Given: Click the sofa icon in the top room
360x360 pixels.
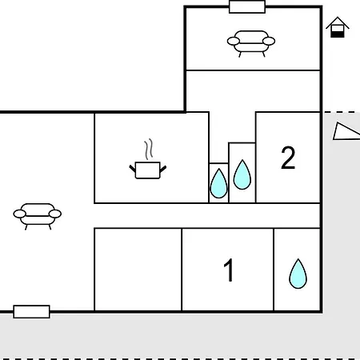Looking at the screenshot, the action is click(x=251, y=42).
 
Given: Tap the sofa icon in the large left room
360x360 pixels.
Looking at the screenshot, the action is click(x=38, y=215).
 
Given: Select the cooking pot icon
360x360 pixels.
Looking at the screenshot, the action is click(x=148, y=170).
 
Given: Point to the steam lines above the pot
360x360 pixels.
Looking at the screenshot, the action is click(x=149, y=150).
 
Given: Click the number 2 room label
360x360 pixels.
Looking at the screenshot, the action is click(x=288, y=158).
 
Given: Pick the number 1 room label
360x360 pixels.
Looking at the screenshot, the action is click(x=229, y=270).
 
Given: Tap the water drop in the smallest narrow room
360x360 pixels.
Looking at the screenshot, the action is click(x=218, y=183).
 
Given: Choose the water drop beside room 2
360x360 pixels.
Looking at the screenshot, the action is click(x=242, y=174).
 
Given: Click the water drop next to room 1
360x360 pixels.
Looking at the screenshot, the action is click(x=298, y=274).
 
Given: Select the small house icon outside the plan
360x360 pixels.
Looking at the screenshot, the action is click(x=338, y=27).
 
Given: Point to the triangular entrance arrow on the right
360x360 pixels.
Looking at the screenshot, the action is click(x=346, y=131).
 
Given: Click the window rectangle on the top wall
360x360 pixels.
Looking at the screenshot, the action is click(x=247, y=6).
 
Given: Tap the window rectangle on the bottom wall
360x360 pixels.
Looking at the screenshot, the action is click(x=31, y=312).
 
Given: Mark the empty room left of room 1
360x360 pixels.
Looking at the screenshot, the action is click(x=138, y=270).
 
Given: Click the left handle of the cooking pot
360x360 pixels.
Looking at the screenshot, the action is click(x=133, y=168).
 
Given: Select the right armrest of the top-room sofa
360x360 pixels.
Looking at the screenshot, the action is click(x=269, y=41).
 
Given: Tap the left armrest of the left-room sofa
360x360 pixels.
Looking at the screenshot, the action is click(x=19, y=214).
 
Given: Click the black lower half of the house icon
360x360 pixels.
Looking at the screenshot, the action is click(x=338, y=34).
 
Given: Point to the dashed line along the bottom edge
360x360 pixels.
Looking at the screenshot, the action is click(x=180, y=359).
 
